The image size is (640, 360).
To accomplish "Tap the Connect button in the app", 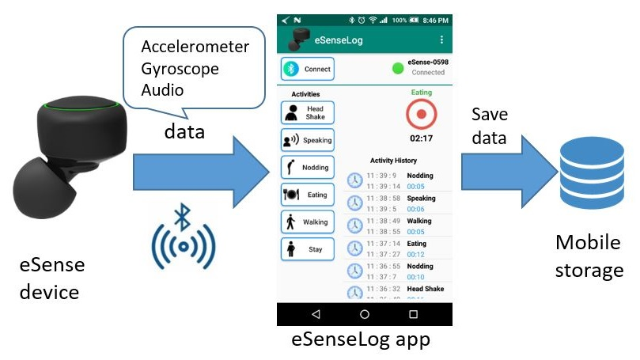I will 308,69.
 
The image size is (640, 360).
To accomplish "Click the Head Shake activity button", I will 308,112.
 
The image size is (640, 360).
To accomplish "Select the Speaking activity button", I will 308,140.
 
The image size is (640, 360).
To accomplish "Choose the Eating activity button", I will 308,195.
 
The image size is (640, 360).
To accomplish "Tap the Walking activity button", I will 308,222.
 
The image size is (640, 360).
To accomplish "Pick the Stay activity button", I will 308,249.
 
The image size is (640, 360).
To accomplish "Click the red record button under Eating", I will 421,116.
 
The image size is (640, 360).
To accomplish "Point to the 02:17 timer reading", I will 421,138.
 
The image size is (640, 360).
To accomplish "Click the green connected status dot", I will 398,67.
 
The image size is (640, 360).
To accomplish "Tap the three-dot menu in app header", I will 441,40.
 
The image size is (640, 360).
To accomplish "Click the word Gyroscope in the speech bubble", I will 180,69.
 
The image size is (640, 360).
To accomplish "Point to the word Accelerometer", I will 195,47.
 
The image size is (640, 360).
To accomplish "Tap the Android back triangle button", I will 316,314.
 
